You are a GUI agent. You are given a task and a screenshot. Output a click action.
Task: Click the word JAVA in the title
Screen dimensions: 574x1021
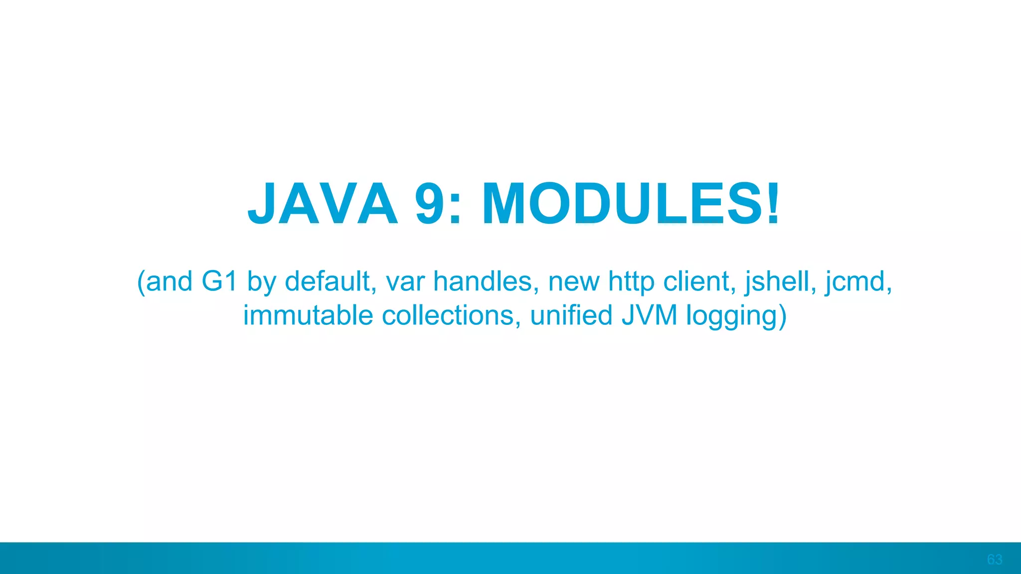pyautogui.click(x=323, y=204)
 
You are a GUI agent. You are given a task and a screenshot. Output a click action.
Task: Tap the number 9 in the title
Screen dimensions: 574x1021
pyautogui.click(x=431, y=204)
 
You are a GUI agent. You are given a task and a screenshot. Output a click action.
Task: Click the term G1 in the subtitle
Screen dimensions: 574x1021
pyautogui.click(x=219, y=282)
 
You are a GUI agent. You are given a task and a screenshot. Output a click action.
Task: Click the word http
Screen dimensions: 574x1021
pyautogui.click(x=631, y=283)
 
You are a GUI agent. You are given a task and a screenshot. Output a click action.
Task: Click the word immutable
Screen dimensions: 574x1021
pyautogui.click(x=308, y=316)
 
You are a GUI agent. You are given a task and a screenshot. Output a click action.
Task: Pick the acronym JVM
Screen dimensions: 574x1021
pyautogui.click(x=650, y=316)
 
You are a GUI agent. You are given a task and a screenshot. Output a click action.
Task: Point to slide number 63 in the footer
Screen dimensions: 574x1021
pyautogui.click(x=994, y=560)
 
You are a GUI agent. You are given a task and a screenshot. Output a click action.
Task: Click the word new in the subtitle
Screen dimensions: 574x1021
pyautogui.click(x=574, y=283)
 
